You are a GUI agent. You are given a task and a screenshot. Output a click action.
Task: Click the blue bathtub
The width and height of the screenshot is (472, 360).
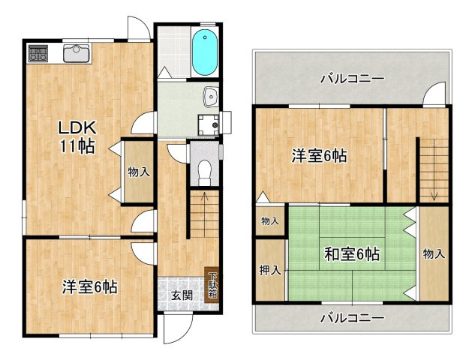pos(204,52)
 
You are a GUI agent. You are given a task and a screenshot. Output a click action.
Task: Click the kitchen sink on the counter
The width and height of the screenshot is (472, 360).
pos(76,53)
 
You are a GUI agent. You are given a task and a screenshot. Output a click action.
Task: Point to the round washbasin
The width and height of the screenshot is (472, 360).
pos(211,96)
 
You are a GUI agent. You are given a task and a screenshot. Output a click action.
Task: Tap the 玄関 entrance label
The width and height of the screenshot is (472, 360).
pos(182,295)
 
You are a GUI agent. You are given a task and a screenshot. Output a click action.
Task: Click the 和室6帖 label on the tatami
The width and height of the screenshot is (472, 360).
pos(351,254)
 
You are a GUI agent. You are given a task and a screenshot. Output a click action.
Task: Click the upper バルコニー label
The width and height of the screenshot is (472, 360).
pos(352,78)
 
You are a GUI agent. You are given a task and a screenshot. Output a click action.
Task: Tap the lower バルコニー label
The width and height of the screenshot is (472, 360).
pos(352,317)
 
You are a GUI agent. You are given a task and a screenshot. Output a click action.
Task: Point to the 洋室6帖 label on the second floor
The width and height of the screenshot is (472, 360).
pos(319,157)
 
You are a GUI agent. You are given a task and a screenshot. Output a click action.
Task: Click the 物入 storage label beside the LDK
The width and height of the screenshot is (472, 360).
pos(139,172)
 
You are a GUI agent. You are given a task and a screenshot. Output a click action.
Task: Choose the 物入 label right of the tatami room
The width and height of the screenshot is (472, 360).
pos(434,254)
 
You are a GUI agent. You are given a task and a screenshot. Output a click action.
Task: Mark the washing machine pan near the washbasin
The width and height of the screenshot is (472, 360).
pos(206,124)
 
